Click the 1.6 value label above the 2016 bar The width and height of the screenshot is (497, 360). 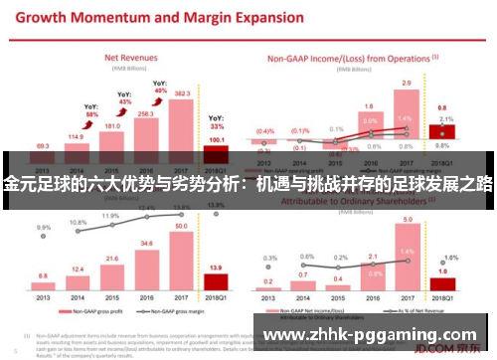(369, 105)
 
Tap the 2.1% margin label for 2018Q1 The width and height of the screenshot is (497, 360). (446, 120)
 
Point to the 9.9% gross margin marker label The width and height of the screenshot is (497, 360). (43, 228)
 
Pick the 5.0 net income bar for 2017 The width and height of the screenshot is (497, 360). (406, 262)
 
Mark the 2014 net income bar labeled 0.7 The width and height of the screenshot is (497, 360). (303, 286)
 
